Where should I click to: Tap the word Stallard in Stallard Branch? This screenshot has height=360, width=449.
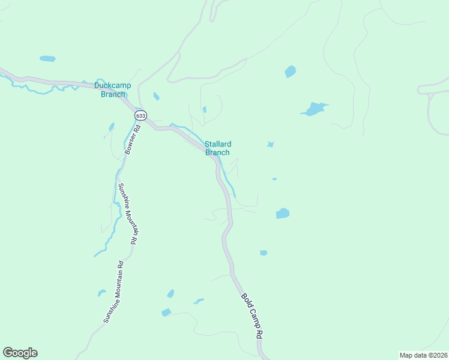218,144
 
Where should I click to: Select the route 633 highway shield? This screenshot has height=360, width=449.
140,115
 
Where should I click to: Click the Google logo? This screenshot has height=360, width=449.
20,353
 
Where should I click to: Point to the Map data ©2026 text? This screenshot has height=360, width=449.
423,355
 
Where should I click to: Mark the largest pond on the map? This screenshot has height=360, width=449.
314,109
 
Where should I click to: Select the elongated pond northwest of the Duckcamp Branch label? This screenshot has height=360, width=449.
47,59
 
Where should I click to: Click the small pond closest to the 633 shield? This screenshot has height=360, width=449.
156,97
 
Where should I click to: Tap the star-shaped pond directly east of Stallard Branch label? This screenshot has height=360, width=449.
271,145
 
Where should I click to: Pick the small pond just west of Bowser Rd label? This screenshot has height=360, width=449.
111,127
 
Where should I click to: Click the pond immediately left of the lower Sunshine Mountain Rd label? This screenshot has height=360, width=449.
101,293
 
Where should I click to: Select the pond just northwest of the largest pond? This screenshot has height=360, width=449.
291,71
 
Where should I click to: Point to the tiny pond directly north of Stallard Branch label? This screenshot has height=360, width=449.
204,109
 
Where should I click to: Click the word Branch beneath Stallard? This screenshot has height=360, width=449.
217,152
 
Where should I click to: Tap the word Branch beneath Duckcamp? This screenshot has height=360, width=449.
113,94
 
